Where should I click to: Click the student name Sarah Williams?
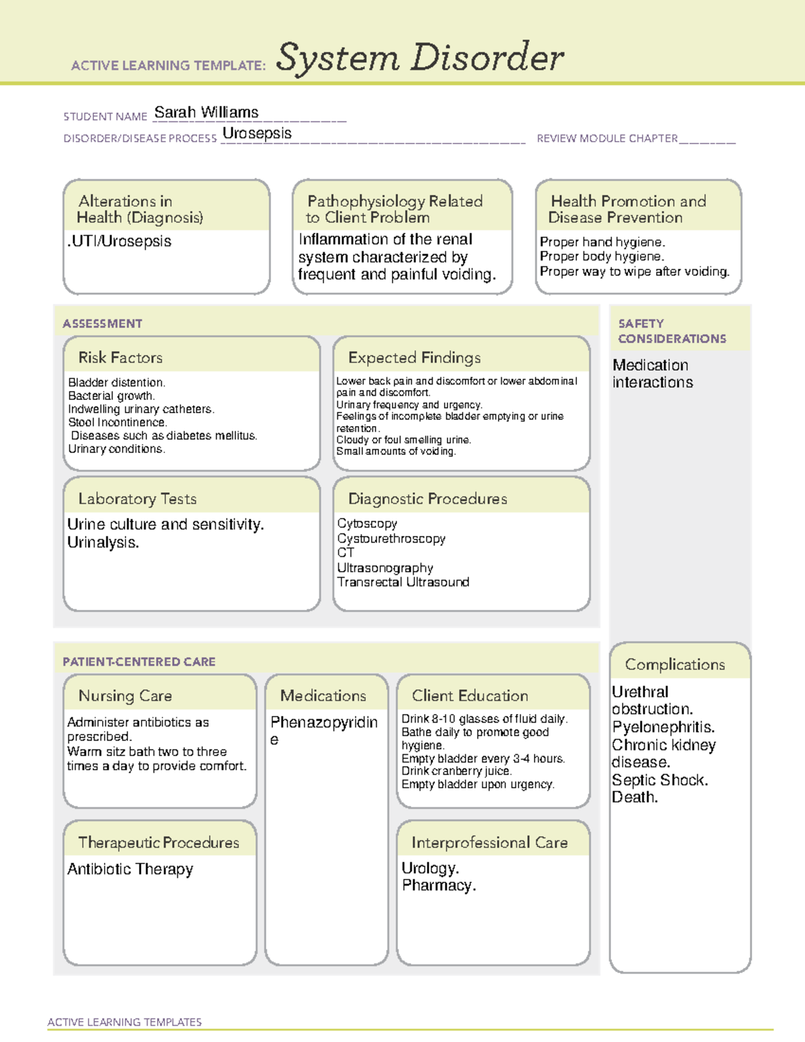tap(206, 112)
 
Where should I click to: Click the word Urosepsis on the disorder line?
tap(257, 133)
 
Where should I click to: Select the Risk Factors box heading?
tap(120, 358)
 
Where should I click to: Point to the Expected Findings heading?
tap(414, 358)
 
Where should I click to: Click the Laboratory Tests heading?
tap(137, 499)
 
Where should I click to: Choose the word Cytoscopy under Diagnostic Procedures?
tap(367, 523)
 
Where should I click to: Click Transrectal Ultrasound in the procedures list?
tap(402, 582)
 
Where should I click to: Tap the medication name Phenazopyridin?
tap(323, 723)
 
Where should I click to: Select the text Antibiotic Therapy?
tap(130, 869)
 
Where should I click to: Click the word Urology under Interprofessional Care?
tap(430, 868)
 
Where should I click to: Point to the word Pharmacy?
tap(439, 886)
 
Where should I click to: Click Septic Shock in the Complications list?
tap(659, 780)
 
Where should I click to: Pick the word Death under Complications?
tap(635, 797)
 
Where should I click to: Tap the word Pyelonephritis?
tap(663, 727)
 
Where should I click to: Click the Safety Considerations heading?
tap(672, 331)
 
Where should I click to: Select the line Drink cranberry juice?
tap(456, 771)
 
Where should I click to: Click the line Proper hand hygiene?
tap(602, 242)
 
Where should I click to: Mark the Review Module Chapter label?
tap(607, 138)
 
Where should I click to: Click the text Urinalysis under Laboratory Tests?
tap(103, 542)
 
